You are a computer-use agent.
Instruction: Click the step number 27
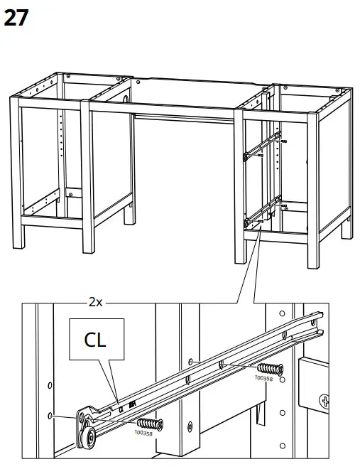tap(16, 17)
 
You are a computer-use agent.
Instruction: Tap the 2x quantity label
tap(96, 301)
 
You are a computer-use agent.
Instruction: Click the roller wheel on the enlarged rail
tap(89, 439)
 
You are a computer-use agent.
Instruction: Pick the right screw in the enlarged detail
tap(269, 369)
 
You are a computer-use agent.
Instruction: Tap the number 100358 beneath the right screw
tap(263, 379)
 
